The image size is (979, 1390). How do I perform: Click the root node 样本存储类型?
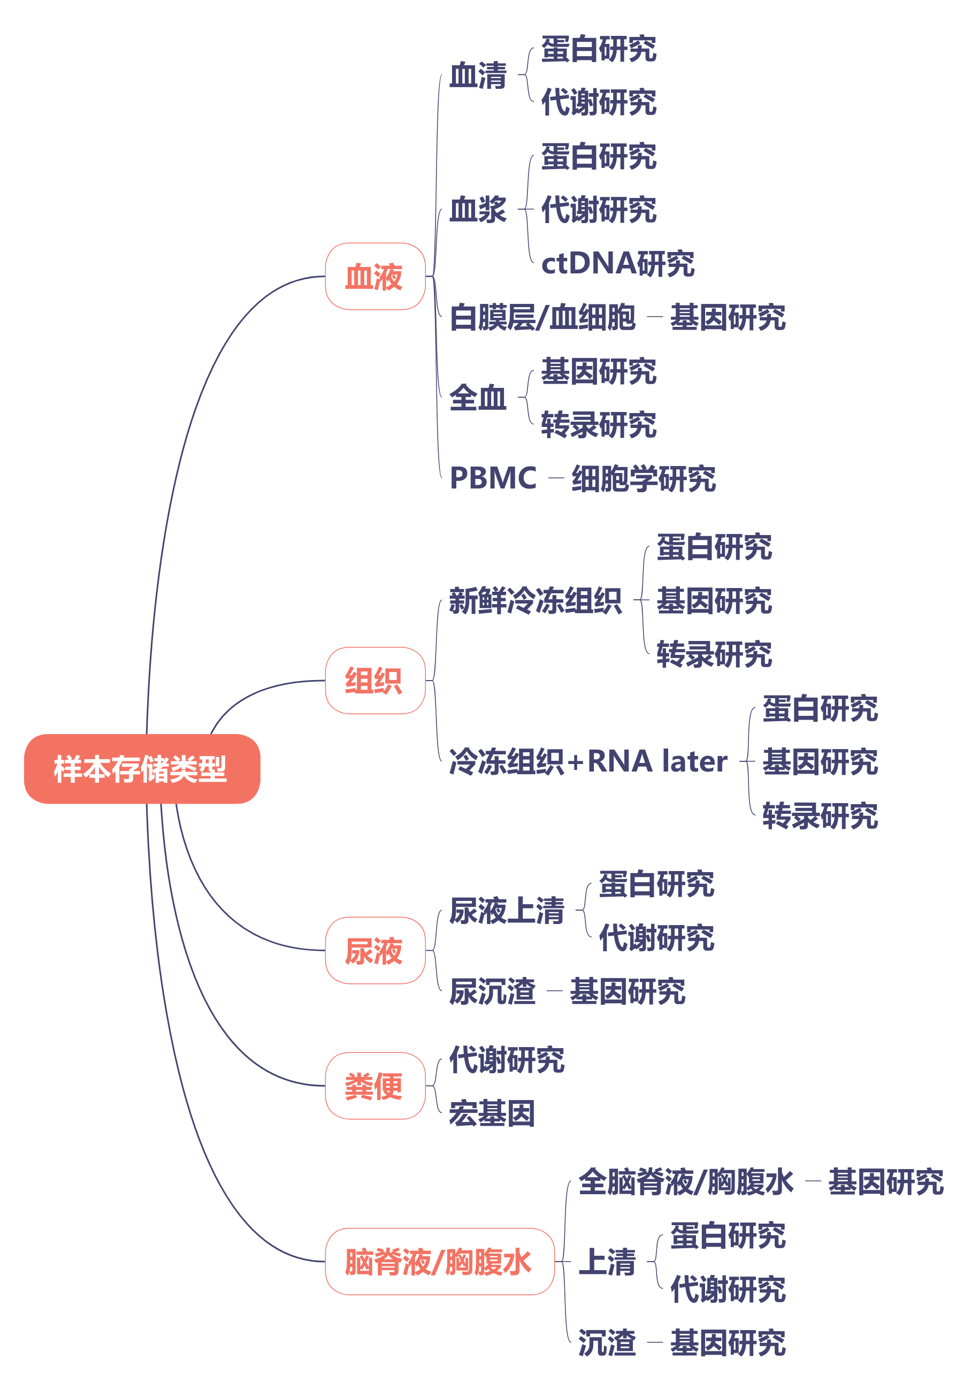[x=142, y=769]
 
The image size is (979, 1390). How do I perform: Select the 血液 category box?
[x=375, y=277]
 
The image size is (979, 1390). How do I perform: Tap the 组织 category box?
[x=375, y=681]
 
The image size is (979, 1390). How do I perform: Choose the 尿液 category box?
[x=375, y=951]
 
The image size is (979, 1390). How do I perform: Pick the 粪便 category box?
[x=375, y=1086]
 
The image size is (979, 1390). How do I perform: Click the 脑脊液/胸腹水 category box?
[x=439, y=1262]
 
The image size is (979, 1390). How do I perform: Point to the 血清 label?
[x=478, y=77]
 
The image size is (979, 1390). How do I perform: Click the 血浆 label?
[x=478, y=210]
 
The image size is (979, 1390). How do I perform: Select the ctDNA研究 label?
[x=617, y=263]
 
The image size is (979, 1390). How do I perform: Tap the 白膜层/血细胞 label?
[x=542, y=317]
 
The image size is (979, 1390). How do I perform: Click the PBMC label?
[x=493, y=478]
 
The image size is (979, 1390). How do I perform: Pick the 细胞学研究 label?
[x=644, y=479]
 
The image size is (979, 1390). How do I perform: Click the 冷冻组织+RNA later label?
[x=588, y=761]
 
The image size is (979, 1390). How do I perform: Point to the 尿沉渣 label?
[x=492, y=991]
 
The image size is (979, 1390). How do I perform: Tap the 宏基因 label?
[x=492, y=1113]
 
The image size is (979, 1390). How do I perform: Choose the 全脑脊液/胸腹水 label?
[x=685, y=1182]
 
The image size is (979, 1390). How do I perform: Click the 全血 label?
[x=478, y=398]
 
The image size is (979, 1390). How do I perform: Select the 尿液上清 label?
[x=507, y=911]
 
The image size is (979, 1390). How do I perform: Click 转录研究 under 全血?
[x=598, y=425]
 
